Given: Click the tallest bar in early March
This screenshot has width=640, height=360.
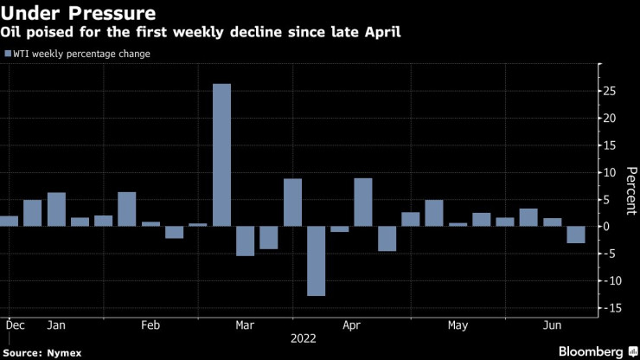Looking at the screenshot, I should [221, 155].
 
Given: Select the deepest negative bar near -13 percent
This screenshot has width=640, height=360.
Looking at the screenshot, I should [316, 261].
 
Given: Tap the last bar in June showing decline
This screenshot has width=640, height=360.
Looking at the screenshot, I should [576, 235].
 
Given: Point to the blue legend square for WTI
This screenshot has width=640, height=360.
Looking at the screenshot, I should [9, 55].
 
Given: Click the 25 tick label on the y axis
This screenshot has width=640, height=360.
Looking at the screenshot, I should [611, 90].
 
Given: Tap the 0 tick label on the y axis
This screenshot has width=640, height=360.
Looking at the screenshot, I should [608, 227].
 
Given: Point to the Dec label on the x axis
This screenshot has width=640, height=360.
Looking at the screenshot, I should [15, 325].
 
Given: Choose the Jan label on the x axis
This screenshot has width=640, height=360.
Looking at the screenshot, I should [56, 325].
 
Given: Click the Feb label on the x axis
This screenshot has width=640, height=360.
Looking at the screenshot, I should [150, 325].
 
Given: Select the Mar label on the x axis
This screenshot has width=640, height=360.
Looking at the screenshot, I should [245, 325].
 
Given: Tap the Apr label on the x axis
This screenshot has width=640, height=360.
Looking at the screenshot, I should [351, 325].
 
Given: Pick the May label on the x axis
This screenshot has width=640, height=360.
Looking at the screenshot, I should [458, 325].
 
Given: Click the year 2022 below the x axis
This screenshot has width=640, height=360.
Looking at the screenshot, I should [304, 340].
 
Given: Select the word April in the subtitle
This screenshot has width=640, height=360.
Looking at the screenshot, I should [381, 33].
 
